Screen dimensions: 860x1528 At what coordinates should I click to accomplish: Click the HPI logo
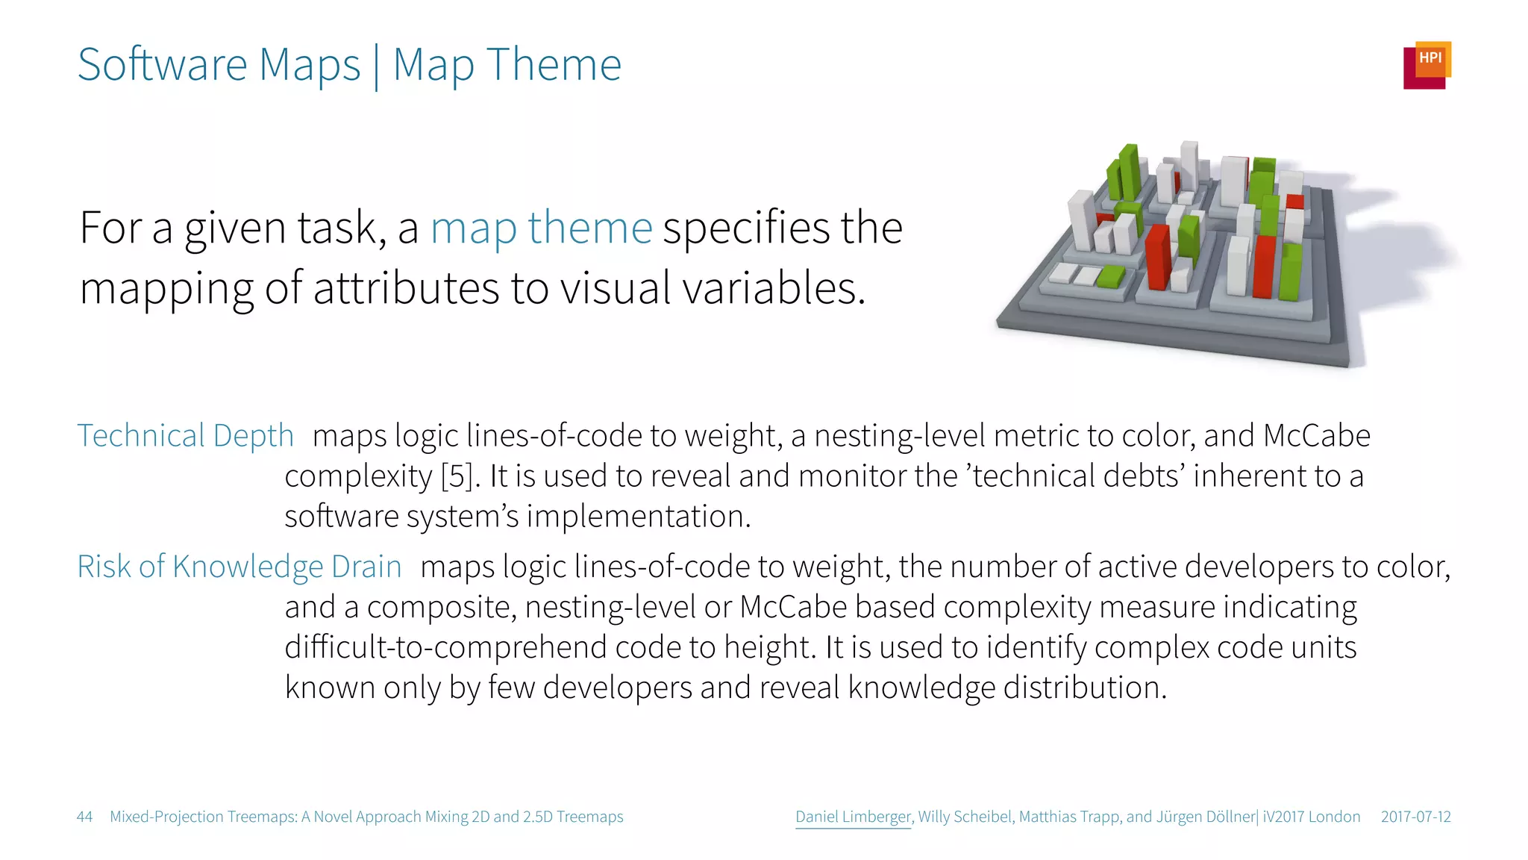tap(1427, 65)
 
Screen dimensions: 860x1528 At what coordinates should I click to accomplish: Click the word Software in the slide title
tap(163, 65)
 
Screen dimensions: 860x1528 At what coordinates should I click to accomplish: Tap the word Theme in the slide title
tap(554, 65)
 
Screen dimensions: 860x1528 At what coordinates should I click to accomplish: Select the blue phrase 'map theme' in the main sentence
tap(541, 228)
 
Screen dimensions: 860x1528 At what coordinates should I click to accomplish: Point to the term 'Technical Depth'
tap(185, 436)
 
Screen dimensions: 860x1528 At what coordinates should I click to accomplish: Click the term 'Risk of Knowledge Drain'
tap(239, 567)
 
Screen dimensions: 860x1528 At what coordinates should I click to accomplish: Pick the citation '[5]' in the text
tap(457, 476)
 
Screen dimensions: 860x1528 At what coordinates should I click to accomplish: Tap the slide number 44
tap(84, 817)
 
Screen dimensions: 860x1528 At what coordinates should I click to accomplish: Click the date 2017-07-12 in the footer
tap(1415, 817)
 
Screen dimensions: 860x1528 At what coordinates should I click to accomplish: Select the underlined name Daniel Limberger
tap(854, 817)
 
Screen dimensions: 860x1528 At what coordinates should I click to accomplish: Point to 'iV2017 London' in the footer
tap(1312, 817)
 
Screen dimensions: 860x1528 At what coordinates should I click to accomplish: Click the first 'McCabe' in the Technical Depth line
tap(1316, 436)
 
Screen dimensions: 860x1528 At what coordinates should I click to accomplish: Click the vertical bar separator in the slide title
tap(376, 66)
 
